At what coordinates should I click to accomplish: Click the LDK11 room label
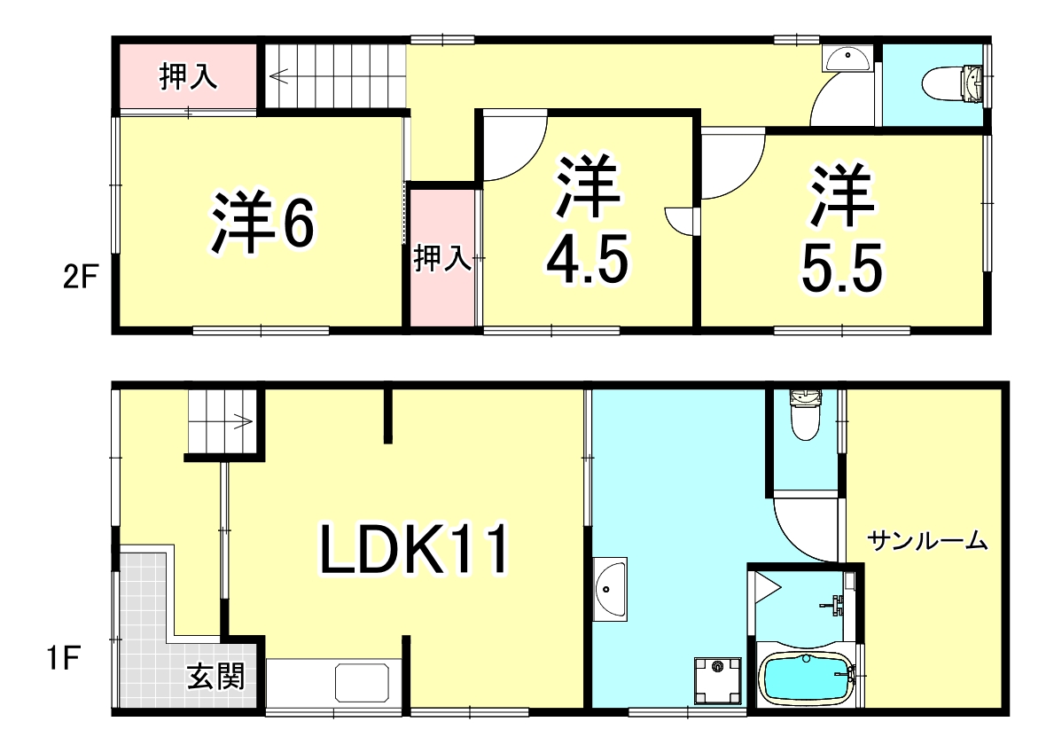point(415,551)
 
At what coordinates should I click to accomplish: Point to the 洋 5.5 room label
point(842,230)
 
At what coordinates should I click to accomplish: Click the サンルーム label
point(927,540)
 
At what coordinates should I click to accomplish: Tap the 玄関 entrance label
point(215,678)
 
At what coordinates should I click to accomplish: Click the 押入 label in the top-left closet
point(188,78)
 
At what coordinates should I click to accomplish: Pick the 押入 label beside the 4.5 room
point(442,259)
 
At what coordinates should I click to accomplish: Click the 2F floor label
point(79,279)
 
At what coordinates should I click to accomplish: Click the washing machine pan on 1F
point(717,678)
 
